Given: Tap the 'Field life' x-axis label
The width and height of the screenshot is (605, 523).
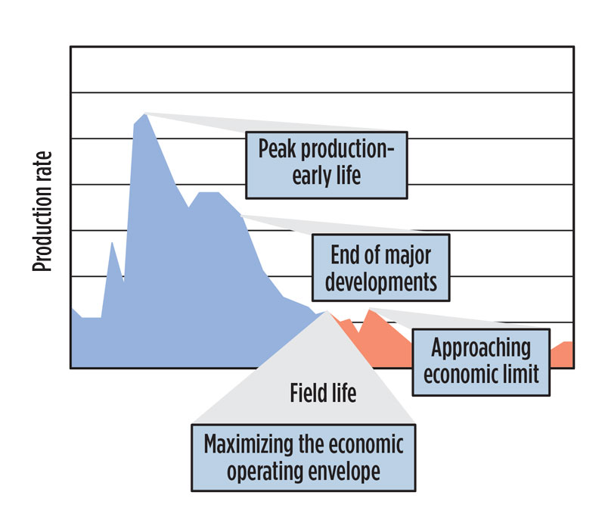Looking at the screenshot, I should (x=323, y=394).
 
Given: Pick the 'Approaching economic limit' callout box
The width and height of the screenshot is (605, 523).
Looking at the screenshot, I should (x=481, y=360).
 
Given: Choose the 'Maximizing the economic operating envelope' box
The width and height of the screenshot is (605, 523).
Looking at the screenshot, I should (x=303, y=456).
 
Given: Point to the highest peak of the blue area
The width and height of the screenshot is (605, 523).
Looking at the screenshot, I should (x=144, y=115).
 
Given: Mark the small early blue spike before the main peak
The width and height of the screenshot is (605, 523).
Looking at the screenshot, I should (x=112, y=244).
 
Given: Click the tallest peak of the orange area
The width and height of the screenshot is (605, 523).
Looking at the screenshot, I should (x=369, y=310).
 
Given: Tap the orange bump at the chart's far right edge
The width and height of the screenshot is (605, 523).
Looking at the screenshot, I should (x=564, y=344).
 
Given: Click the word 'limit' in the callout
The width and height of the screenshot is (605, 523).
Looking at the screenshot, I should (x=523, y=374).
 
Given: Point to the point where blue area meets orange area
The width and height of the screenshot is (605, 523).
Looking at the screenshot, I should (x=327, y=313).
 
